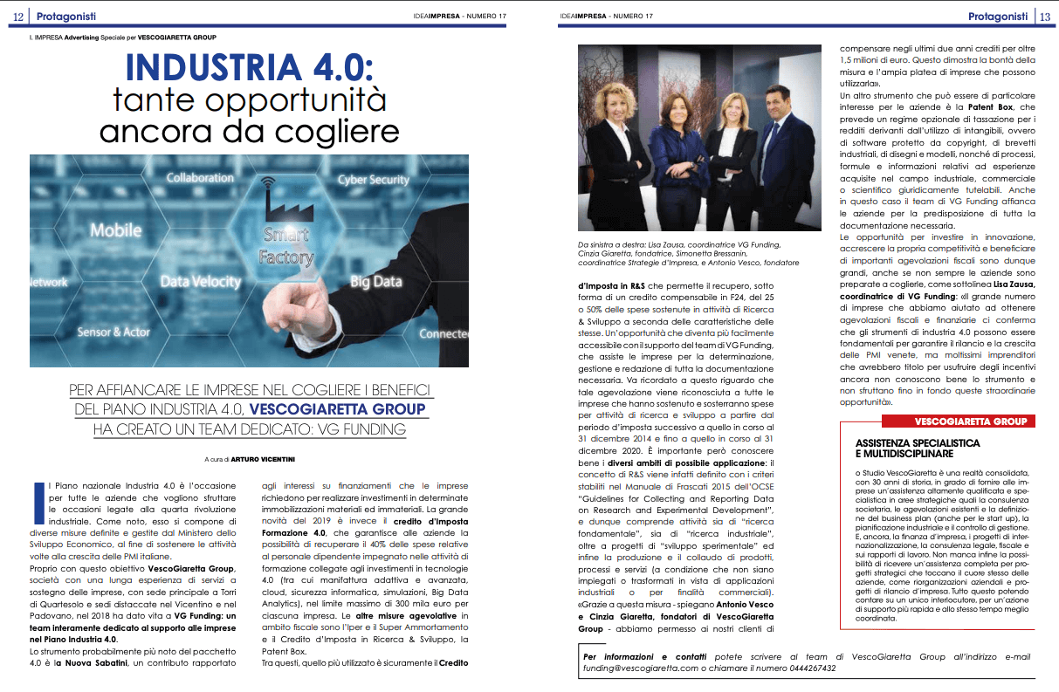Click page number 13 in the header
click(1045, 16)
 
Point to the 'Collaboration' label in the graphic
click(200, 177)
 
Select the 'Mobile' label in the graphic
click(115, 230)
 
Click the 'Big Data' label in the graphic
click(375, 282)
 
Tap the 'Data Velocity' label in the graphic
click(200, 281)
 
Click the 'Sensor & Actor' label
click(113, 332)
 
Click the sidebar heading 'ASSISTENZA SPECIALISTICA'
click(918, 443)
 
